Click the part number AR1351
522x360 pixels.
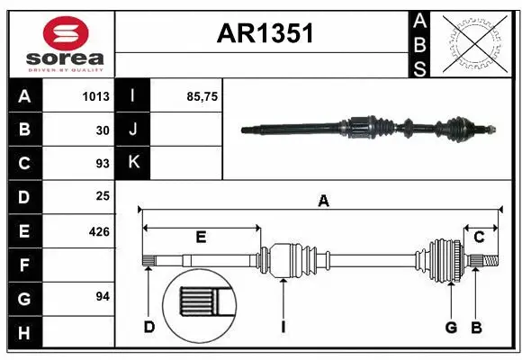click(x=265, y=33)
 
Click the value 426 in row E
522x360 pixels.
click(x=98, y=231)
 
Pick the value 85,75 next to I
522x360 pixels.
click(x=203, y=96)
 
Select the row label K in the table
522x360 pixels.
click(x=133, y=163)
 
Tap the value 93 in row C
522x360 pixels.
click(x=103, y=164)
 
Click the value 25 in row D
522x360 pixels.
click(x=103, y=197)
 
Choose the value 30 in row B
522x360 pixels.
click(x=103, y=130)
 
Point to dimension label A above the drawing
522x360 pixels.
click(x=322, y=202)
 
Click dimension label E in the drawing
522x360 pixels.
click(x=202, y=238)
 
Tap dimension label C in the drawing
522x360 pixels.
click(x=480, y=238)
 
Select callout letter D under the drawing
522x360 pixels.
click(x=148, y=328)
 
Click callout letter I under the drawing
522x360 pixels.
click(x=283, y=328)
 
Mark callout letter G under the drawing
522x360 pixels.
click(x=451, y=328)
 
